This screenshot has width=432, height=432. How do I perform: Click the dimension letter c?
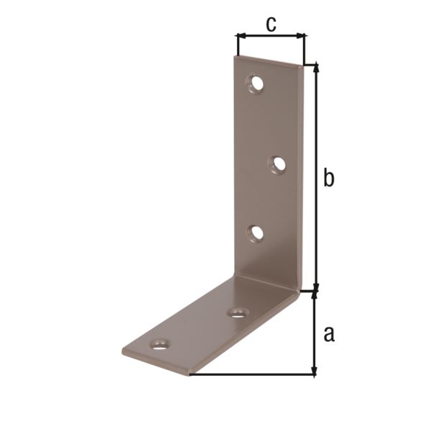(270, 23)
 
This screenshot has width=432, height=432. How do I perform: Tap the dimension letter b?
(328, 177)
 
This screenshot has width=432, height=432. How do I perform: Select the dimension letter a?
(329, 333)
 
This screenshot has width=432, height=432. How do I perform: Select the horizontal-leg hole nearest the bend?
(238, 312)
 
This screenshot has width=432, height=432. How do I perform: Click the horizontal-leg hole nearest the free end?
(160, 343)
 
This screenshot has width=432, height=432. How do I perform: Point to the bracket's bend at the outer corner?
(300, 292)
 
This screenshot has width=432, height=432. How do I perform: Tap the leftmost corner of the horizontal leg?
(122, 353)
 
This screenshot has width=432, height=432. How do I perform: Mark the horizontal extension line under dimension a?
(252, 374)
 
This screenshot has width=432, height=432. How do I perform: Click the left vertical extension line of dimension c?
(236, 45)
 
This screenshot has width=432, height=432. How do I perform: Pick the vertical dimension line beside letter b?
(315, 177)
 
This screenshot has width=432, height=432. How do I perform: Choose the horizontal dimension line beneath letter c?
(270, 35)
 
